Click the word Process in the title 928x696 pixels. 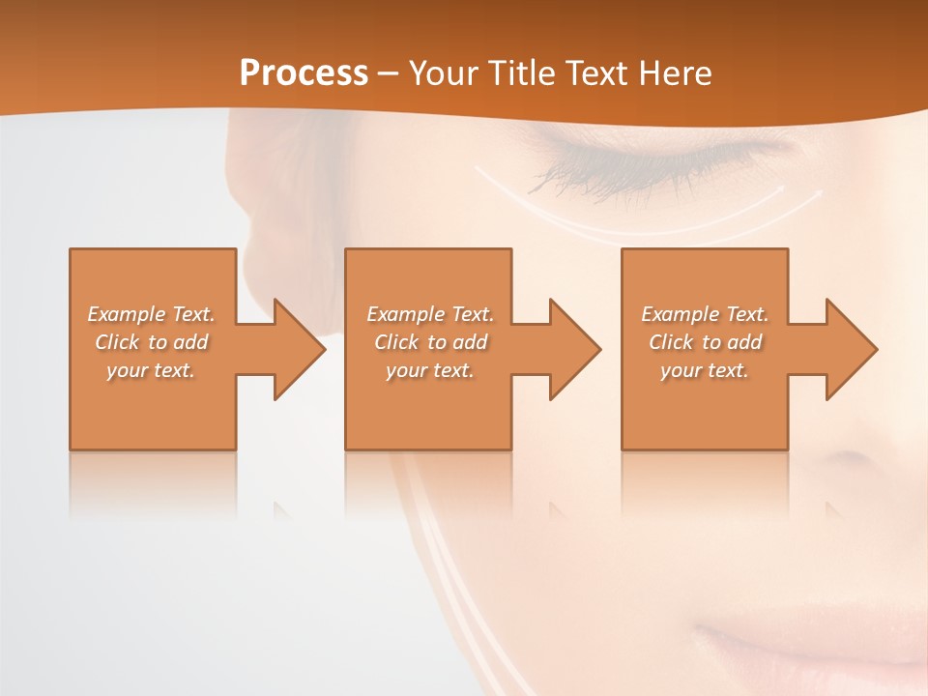(x=304, y=72)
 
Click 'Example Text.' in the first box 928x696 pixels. (x=152, y=314)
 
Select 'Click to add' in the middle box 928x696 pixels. (x=430, y=342)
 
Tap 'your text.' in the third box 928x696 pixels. (x=705, y=370)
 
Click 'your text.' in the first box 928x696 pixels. (x=152, y=370)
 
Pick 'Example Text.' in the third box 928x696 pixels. (x=705, y=314)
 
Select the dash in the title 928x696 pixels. (x=389, y=73)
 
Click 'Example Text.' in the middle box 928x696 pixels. (x=430, y=314)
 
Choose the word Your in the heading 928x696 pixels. (x=442, y=72)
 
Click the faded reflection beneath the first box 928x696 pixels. (x=152, y=483)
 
